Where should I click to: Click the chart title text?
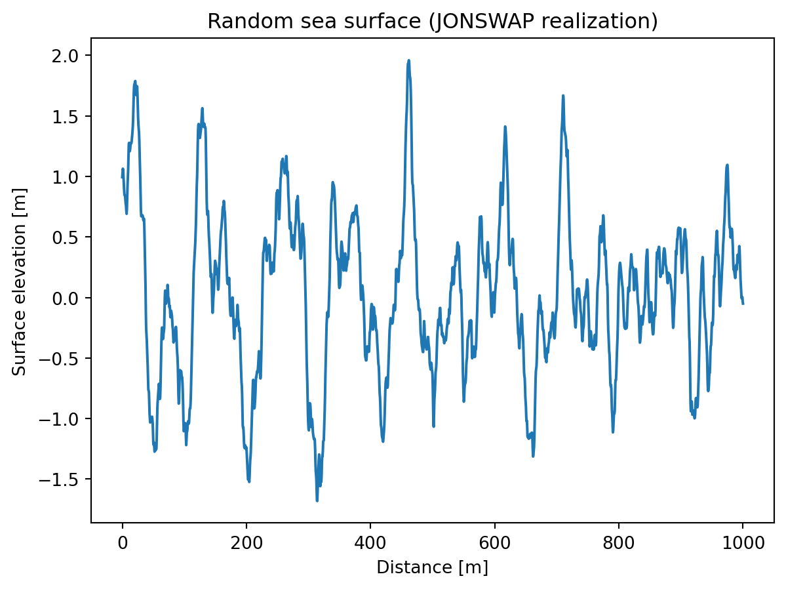[x=432, y=22]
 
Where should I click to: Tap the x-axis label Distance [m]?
[x=432, y=567]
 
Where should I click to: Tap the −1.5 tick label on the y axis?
[x=64, y=480]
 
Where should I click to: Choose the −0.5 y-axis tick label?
[x=64, y=359]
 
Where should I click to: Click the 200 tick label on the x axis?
[x=246, y=544]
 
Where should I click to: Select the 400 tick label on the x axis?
[x=370, y=544]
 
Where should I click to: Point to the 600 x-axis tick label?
[x=494, y=544]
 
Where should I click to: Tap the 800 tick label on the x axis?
[x=618, y=544]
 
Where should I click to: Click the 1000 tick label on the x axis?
[x=743, y=544]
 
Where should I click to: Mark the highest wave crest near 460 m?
[x=408, y=60]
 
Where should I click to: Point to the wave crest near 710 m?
[x=562, y=96]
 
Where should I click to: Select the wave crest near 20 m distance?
[x=135, y=81]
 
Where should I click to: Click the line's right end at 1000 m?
[x=743, y=304]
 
